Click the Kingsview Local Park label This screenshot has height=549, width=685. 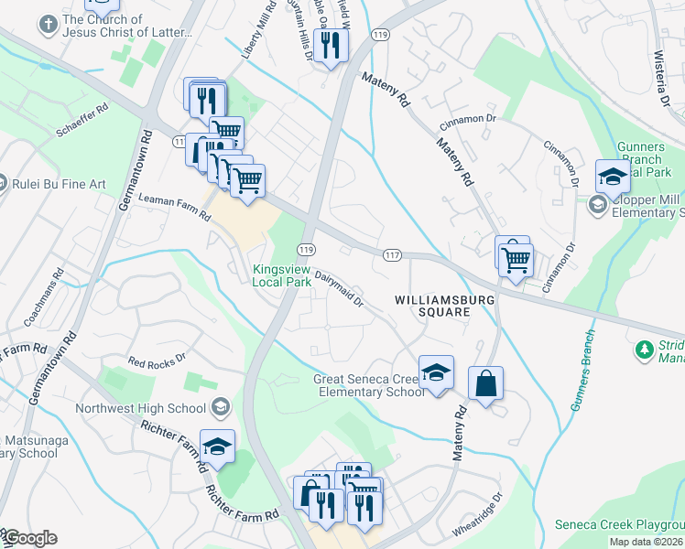[x=283, y=275]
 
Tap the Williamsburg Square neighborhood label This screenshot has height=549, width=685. [x=432, y=306]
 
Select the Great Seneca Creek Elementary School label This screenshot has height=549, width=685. [x=369, y=385]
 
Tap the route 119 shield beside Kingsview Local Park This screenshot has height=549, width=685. [x=307, y=250]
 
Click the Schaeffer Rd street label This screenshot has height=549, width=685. [x=82, y=121]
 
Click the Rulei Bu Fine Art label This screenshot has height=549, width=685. [x=59, y=184]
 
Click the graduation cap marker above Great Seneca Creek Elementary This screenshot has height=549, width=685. [x=437, y=373]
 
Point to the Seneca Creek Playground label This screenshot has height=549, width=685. [x=620, y=525]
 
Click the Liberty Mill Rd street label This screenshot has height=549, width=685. [x=258, y=37]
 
